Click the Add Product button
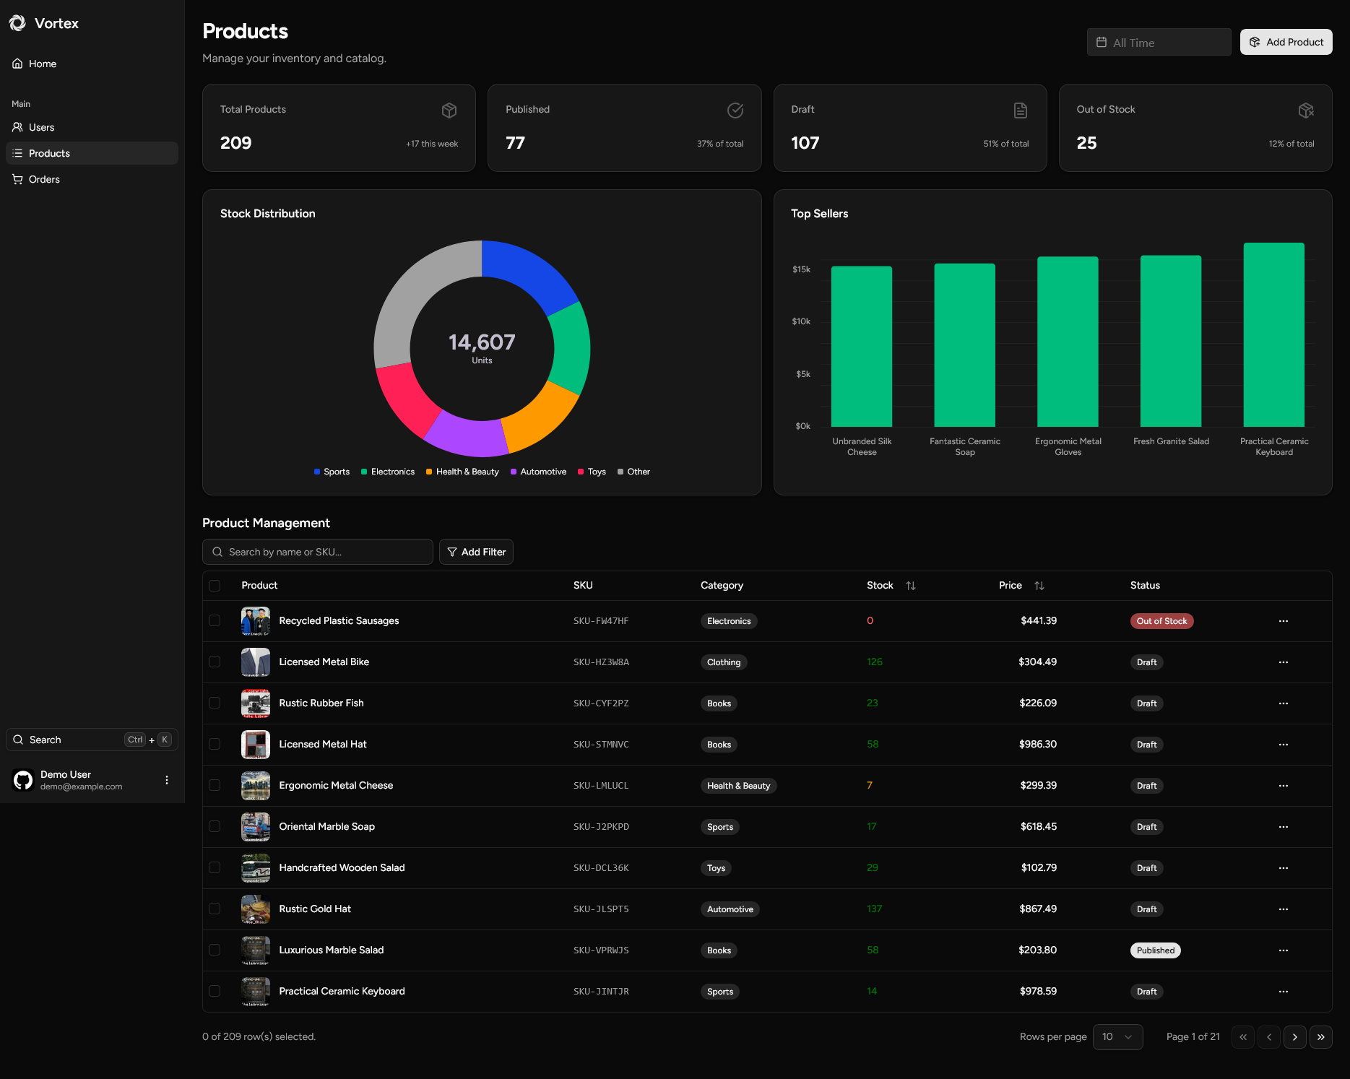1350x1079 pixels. [1286, 42]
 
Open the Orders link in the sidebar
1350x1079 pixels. [44, 179]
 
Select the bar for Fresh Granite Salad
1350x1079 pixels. [1170, 341]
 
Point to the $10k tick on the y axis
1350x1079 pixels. [801, 321]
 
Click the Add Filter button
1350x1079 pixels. [476, 552]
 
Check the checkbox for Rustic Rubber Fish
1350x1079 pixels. [215, 703]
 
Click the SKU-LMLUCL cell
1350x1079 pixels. [601, 786]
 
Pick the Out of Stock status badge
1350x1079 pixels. [1161, 621]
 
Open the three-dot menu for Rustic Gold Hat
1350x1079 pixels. [1283, 909]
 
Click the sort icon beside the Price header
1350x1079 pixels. [1039, 586]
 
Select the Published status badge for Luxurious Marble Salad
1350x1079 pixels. [1155, 950]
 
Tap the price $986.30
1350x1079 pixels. [1037, 744]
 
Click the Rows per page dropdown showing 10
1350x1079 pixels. [1117, 1037]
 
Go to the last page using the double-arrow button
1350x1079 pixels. [1320, 1037]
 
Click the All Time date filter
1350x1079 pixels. [1159, 43]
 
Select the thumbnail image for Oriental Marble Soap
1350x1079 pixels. [256, 827]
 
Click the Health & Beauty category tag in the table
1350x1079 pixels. [738, 786]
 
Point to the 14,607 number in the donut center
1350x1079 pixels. [482, 342]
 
